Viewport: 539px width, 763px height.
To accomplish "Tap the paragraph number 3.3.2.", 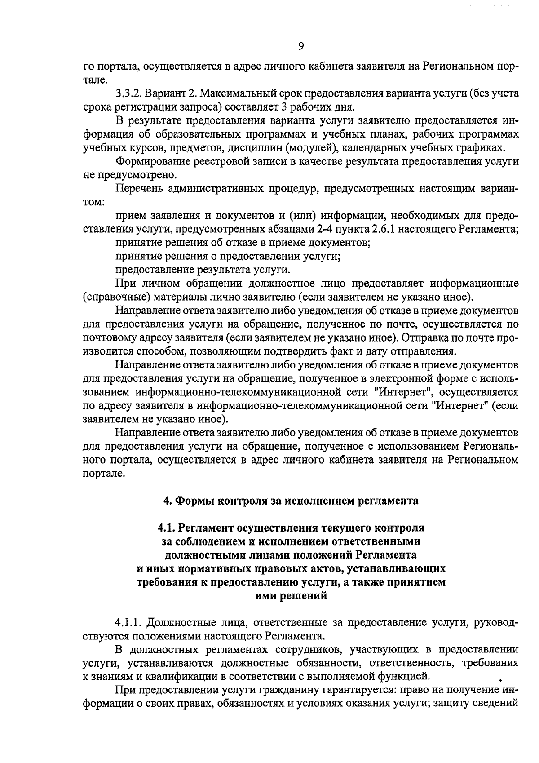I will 129,94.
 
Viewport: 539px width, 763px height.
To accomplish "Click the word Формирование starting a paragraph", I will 150,161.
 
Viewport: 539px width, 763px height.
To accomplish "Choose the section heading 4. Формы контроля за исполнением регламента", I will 291,501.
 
